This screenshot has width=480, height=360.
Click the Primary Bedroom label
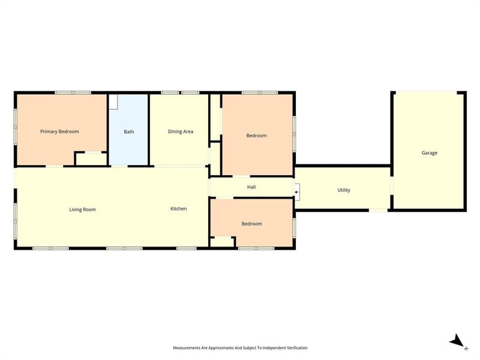click(59, 131)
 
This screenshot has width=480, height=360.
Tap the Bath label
click(129, 131)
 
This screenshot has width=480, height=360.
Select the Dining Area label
click(181, 131)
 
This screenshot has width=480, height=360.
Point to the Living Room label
click(82, 209)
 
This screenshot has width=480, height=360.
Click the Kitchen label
click(178, 209)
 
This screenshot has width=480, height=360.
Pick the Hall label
click(251, 187)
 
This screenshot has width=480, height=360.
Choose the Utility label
click(344, 190)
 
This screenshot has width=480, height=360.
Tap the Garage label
click(429, 153)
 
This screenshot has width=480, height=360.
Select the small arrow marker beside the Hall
click(296, 192)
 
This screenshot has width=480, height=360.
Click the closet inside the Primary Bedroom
click(91, 159)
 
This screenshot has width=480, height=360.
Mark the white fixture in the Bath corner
click(113, 101)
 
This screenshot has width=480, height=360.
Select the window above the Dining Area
click(180, 92)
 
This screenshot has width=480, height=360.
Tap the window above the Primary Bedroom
click(73, 92)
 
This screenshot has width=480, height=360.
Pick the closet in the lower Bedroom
click(222, 242)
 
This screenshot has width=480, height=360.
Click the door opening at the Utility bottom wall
click(378, 211)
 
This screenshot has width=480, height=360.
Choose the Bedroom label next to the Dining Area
click(257, 136)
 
